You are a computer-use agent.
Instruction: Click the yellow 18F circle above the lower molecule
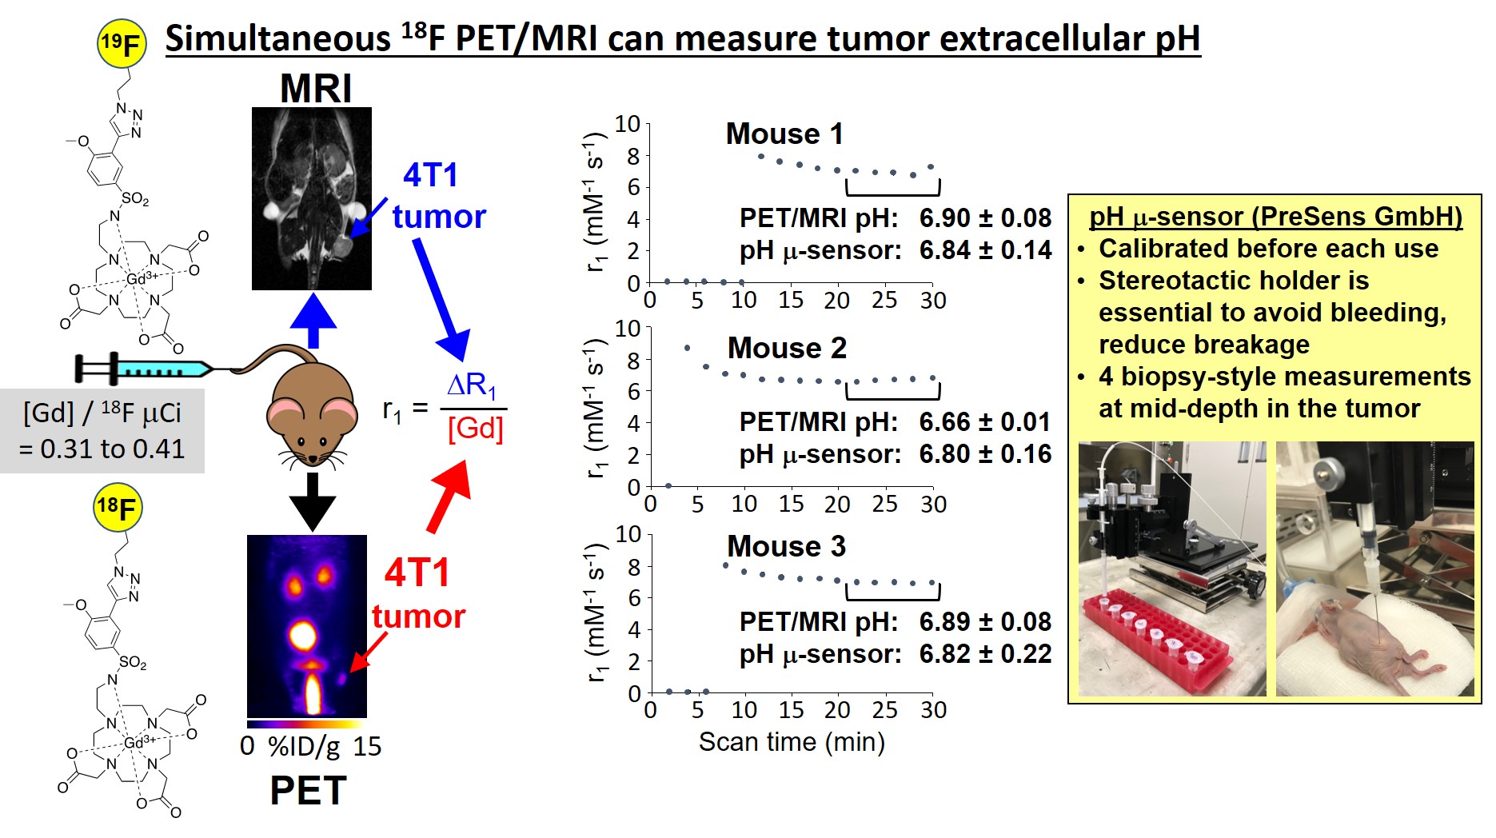click(x=118, y=507)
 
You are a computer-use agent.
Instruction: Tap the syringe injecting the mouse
click(x=144, y=369)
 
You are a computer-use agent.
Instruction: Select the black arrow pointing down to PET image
click(x=312, y=501)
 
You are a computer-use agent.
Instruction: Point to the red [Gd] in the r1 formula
click(x=475, y=429)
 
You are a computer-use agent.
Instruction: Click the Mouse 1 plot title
click(x=784, y=134)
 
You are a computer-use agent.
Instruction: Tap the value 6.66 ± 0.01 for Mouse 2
click(x=985, y=421)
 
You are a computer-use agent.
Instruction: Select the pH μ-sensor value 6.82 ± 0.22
click(x=985, y=653)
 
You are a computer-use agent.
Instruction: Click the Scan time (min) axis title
click(x=792, y=742)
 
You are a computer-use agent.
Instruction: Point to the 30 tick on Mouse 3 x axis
click(x=933, y=710)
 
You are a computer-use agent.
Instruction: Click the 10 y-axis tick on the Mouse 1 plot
click(x=628, y=124)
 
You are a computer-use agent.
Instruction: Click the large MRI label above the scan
click(x=315, y=88)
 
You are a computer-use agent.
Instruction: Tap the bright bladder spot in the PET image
click(x=303, y=636)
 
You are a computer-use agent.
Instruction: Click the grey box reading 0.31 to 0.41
click(x=102, y=431)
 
